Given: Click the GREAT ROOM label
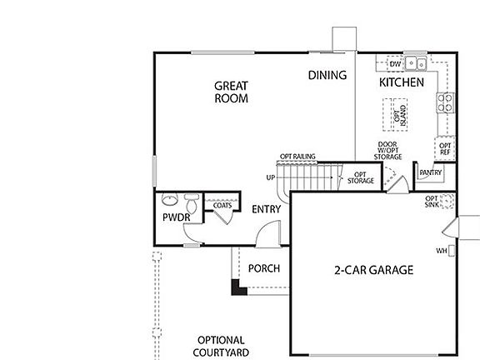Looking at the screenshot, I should [x=232, y=91].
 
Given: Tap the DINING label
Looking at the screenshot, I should [x=327, y=75].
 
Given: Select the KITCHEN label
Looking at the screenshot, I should [x=402, y=83].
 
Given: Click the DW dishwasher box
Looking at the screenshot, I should [x=396, y=63].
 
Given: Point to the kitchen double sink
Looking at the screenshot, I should [x=416, y=63].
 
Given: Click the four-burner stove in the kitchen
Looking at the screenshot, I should [x=446, y=102].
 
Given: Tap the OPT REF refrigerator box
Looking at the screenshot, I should [x=445, y=149].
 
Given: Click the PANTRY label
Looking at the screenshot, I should [x=431, y=173].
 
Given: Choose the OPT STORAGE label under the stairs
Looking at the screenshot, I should [x=361, y=177].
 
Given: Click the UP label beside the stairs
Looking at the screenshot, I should [x=270, y=177].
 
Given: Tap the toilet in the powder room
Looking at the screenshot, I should [x=192, y=202].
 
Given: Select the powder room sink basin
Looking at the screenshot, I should [x=169, y=200].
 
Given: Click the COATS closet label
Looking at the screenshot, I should [x=222, y=205].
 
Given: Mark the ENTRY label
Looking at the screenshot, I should [x=266, y=209].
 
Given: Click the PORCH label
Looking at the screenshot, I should [x=264, y=268].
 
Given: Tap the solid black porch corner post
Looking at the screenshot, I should [x=237, y=288].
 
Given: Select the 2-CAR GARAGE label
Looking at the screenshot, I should [x=373, y=270].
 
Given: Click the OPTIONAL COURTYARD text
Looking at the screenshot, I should [x=221, y=347].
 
